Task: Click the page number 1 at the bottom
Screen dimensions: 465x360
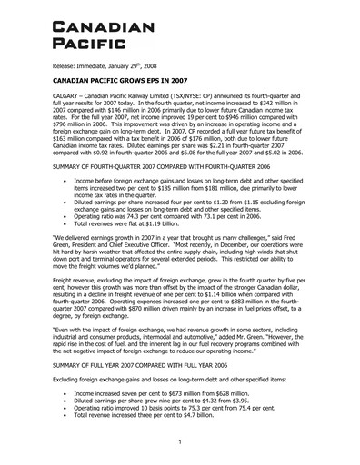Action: coord(179,442)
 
